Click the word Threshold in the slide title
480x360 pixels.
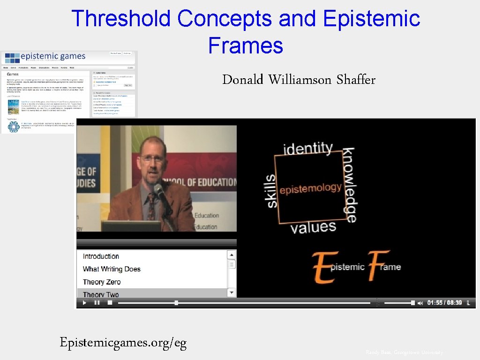(120, 19)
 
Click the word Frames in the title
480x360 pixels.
(246, 46)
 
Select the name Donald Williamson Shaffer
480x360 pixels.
(299, 80)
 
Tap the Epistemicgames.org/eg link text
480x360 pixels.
(123, 343)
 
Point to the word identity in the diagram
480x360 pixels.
(308, 150)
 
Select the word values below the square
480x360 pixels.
(313, 228)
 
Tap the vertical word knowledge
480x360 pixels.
(350, 185)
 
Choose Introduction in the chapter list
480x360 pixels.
(101, 256)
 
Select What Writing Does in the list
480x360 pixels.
(112, 269)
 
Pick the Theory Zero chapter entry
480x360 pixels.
(102, 282)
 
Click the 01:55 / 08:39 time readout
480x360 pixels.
(444, 303)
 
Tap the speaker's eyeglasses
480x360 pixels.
(153, 158)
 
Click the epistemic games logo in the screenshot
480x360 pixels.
(46, 57)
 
